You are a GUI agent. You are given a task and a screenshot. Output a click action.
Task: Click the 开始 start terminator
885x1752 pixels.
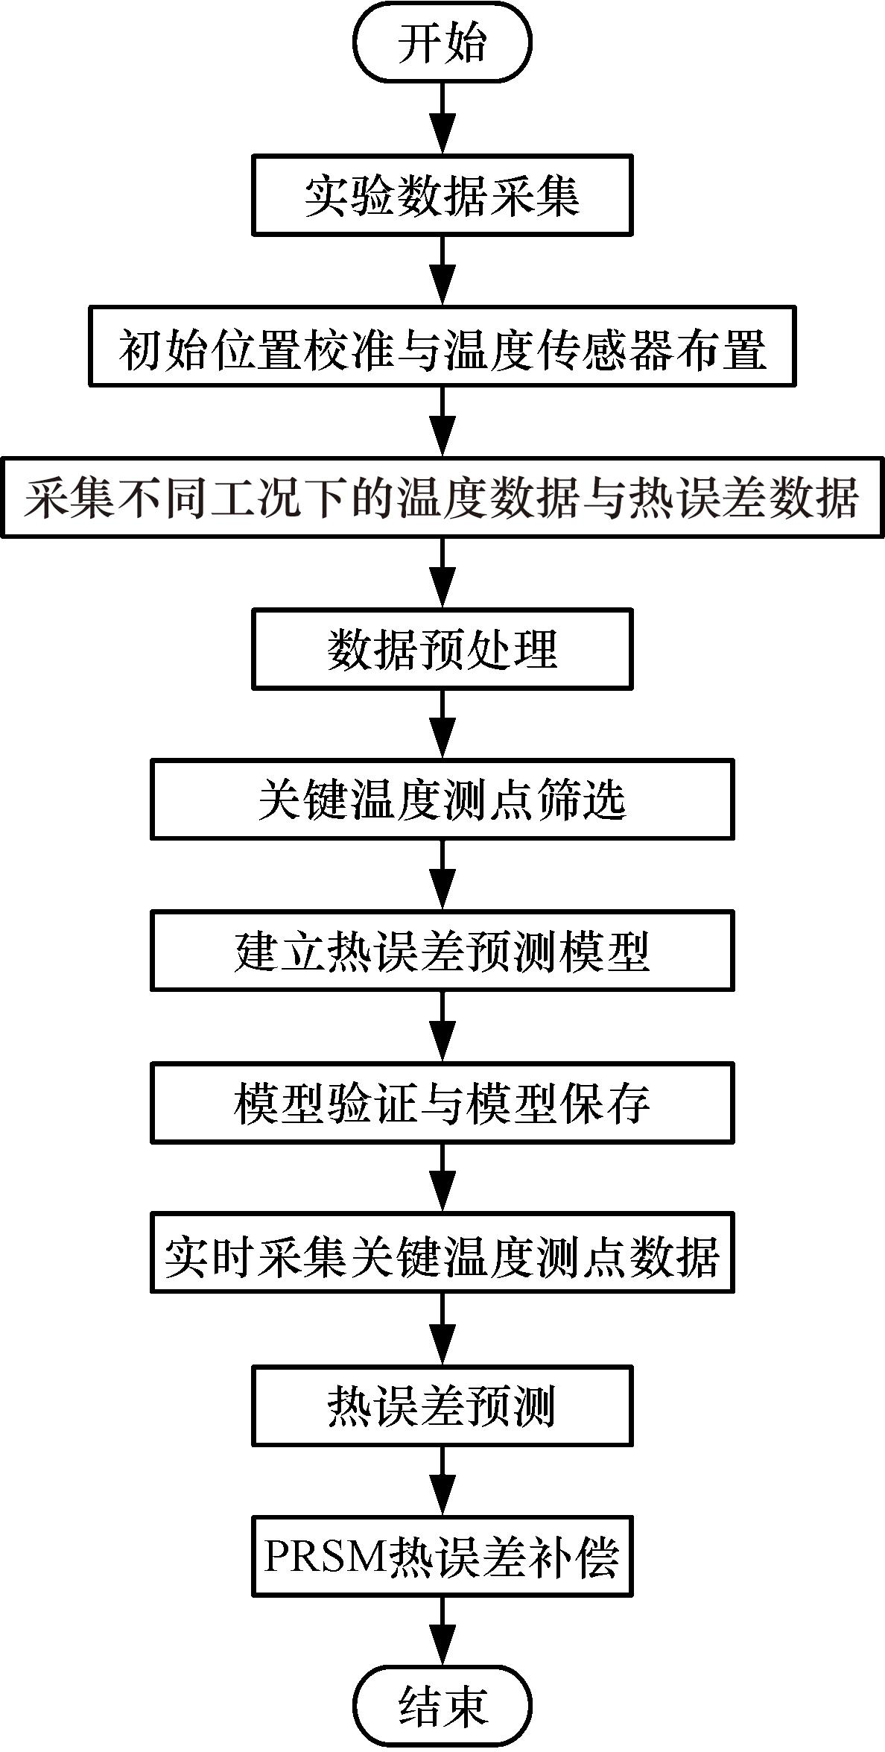[442, 42]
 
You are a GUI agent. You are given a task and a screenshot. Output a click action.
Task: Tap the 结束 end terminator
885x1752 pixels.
[442, 1707]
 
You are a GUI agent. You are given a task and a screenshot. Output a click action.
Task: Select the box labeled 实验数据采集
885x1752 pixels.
[442, 195]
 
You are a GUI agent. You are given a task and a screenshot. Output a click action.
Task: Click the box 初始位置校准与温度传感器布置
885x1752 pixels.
[442, 347]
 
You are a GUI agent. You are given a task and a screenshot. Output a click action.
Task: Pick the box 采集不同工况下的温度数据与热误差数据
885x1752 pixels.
[442, 497]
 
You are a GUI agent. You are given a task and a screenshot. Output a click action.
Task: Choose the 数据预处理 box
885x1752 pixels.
[442, 648]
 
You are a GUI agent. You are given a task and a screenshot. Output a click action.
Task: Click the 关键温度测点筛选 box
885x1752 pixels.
[442, 800]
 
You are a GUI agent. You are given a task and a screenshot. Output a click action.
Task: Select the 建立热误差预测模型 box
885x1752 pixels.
[442, 951]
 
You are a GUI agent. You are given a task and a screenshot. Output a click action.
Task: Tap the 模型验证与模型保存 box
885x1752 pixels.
[442, 1102]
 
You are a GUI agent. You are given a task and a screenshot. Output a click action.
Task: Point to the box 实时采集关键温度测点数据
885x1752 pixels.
[442, 1253]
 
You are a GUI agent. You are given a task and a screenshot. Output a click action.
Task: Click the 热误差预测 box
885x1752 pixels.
[442, 1405]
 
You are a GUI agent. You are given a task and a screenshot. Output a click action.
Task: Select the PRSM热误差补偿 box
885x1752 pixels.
[442, 1556]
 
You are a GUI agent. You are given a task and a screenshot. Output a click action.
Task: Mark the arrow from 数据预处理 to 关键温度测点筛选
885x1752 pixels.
[443, 724]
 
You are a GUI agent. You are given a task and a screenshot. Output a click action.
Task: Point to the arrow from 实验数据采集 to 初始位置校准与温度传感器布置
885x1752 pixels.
[443, 270]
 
